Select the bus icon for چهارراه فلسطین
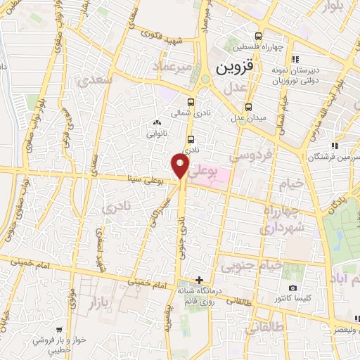(x=259, y=36)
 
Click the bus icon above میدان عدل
(x=247, y=107)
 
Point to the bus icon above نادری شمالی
(x=191, y=101)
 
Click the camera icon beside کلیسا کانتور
(x=293, y=288)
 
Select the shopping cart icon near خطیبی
(x=58, y=328)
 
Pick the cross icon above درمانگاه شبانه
(x=200, y=280)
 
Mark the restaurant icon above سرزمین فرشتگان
(x=335, y=146)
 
